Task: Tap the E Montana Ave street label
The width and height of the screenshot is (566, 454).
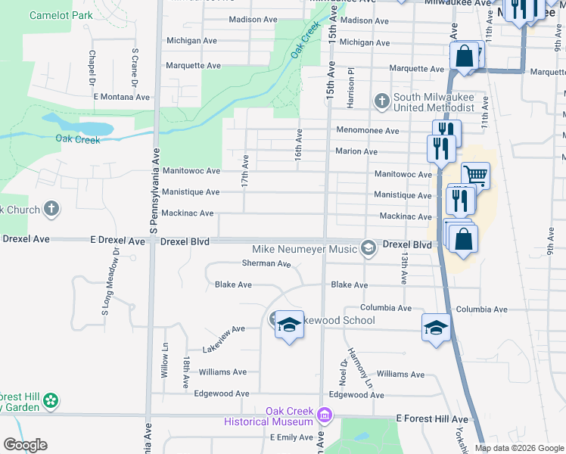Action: point(122,97)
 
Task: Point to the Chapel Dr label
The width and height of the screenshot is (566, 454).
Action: point(92,68)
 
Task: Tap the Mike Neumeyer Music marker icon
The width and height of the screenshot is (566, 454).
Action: point(369,248)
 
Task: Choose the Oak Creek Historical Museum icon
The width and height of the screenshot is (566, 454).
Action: point(325,415)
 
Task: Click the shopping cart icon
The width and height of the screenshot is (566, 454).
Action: point(475,176)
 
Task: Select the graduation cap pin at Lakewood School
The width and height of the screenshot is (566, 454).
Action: point(288,325)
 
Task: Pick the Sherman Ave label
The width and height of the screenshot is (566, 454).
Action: point(266,264)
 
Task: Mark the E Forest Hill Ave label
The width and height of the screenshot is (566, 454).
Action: point(432,418)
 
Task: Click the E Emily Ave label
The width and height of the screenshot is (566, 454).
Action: point(291,437)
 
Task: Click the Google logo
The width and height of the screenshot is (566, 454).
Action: point(25,445)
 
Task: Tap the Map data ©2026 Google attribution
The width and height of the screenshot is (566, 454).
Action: point(519,448)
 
